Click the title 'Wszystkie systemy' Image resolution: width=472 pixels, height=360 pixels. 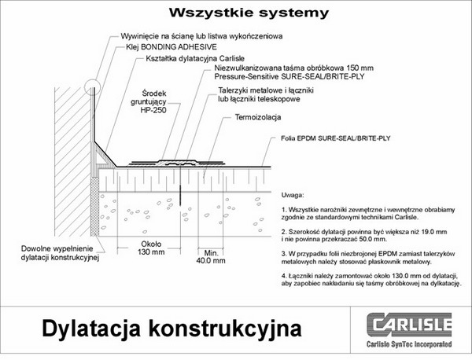click(235, 11)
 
